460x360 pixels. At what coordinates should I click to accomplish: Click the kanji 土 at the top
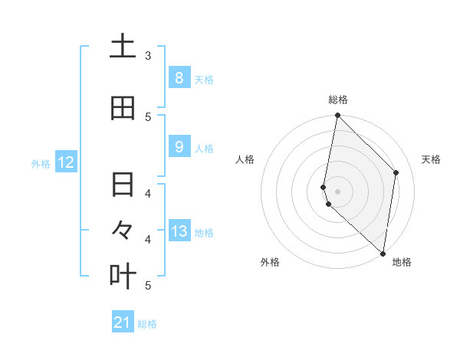coord(123,47)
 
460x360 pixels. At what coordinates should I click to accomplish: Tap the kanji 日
coord(123,185)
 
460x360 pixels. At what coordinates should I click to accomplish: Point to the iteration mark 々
coord(123,230)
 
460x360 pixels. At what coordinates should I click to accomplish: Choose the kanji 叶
coord(123,276)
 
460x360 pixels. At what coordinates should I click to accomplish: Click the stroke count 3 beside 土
coord(148,56)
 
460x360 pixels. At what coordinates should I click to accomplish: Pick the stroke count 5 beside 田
coord(148,116)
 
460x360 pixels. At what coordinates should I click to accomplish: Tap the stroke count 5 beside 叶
coord(148,285)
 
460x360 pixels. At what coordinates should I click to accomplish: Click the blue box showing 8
coord(179,77)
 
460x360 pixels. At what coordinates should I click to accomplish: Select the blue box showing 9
coord(179,146)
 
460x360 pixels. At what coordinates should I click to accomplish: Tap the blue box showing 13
coord(179,231)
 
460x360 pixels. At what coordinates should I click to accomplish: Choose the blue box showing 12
coord(66,162)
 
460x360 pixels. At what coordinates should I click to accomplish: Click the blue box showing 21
coord(123,322)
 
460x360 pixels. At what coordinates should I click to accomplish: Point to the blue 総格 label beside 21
coord(147,324)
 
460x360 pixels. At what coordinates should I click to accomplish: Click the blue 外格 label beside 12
coord(41,163)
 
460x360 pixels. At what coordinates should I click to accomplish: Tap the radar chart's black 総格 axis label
coord(338,100)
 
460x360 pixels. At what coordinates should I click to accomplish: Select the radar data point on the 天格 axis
coord(396,172)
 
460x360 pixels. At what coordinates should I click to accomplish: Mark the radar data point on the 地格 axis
coord(383,253)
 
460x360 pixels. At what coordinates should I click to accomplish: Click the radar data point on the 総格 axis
coord(337,116)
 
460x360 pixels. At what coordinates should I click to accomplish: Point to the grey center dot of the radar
coord(337,191)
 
